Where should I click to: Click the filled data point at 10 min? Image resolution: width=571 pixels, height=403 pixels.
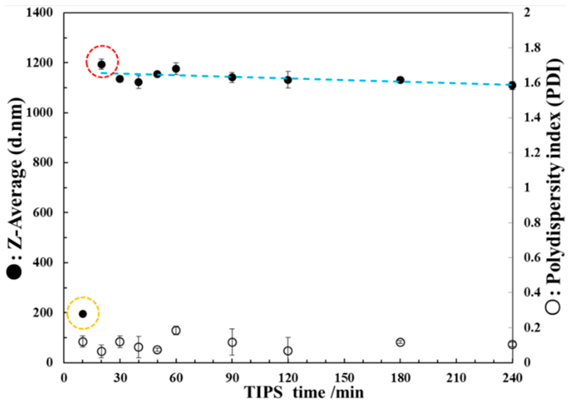pos(83,314)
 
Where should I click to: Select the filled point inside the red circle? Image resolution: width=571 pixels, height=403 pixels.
pos(102,64)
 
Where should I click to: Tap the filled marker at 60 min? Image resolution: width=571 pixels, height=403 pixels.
pos(176,69)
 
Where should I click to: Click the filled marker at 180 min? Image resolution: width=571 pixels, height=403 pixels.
pos(400,80)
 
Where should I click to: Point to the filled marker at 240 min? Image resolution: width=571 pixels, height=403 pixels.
pos(512,86)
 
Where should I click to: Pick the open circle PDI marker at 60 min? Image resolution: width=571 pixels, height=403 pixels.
pos(176,330)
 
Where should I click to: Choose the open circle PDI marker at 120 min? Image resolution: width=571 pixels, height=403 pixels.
pos(288,351)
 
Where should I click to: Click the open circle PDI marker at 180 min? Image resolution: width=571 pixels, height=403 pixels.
pos(400,342)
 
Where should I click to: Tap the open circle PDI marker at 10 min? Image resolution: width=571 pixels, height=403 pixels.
pos(83,342)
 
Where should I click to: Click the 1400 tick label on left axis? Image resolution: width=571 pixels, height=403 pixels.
pos(39,13)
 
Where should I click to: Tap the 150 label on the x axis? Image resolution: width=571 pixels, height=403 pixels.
pos(344,378)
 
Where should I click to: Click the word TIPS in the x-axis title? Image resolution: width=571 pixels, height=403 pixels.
pos(263,392)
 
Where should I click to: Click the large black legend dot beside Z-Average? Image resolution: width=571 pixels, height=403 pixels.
pos(14,272)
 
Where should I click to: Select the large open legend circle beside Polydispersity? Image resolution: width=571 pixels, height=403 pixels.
pos(553,307)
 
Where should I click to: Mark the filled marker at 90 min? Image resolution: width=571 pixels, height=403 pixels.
pos(232,77)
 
